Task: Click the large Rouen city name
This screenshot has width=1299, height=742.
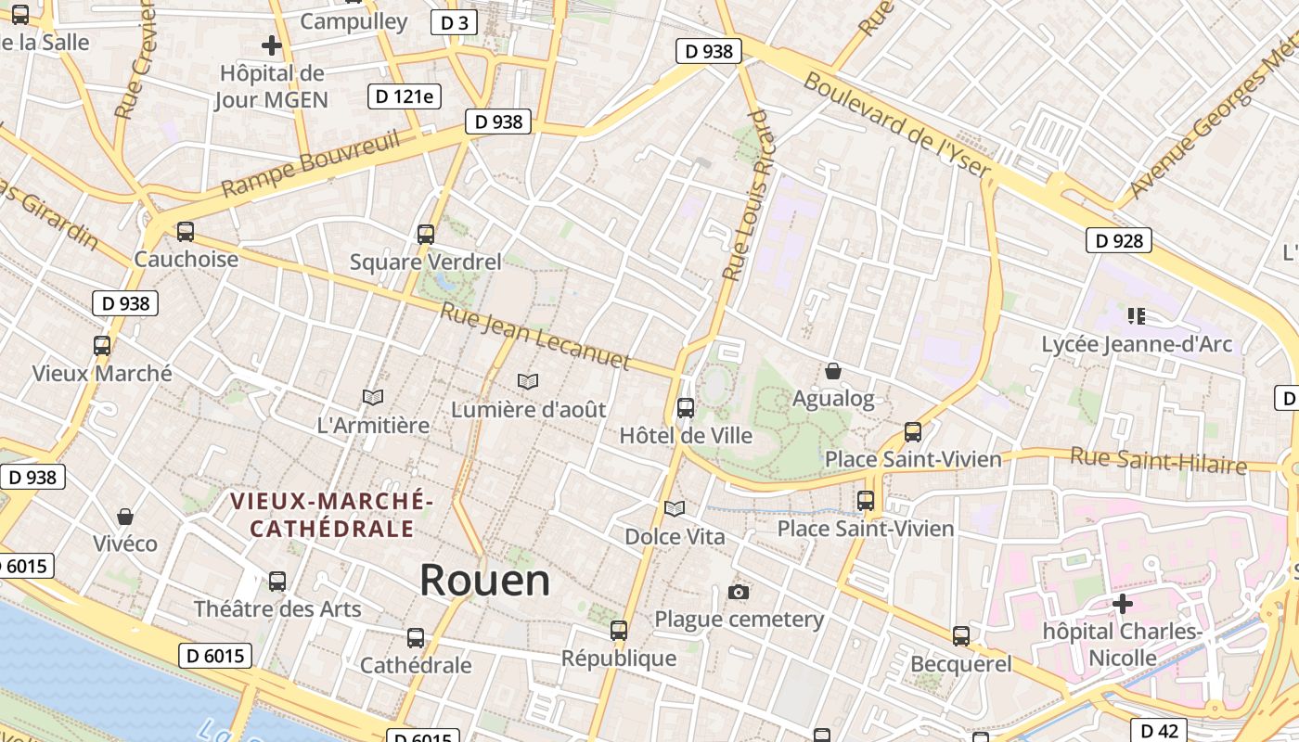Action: pyautogui.click(x=484, y=580)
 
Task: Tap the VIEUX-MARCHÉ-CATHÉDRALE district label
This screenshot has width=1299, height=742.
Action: pyautogui.click(x=332, y=515)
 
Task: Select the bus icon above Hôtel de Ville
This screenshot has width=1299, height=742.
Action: pyautogui.click(x=686, y=407)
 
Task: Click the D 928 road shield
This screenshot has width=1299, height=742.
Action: pyautogui.click(x=1118, y=241)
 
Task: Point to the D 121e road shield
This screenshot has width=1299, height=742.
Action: pyautogui.click(x=405, y=96)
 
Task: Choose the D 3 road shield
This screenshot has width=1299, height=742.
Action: pyautogui.click(x=455, y=22)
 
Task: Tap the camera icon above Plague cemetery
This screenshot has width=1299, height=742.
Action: pyautogui.click(x=739, y=592)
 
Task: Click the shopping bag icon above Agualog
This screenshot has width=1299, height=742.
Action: pyautogui.click(x=833, y=371)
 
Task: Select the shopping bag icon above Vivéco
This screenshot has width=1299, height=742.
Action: pyautogui.click(x=125, y=516)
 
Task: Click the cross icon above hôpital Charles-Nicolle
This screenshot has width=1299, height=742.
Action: pyautogui.click(x=1123, y=605)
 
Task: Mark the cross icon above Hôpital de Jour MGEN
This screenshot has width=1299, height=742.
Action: pyautogui.click(x=271, y=45)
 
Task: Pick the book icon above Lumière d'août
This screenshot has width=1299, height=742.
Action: pyautogui.click(x=528, y=381)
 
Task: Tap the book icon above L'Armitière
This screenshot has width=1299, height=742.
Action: pyautogui.click(x=373, y=397)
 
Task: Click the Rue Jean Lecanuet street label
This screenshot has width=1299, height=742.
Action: pyautogui.click(x=535, y=337)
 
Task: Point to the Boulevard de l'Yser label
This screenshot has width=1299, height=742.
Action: pyautogui.click(x=898, y=125)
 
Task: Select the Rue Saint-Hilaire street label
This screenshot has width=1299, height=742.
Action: pyautogui.click(x=1158, y=459)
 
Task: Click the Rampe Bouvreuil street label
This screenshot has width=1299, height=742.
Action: pyautogui.click(x=311, y=163)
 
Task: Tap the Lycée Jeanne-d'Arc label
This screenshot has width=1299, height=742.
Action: pyautogui.click(x=1137, y=344)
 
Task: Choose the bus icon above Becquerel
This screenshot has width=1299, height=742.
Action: pyautogui.click(x=961, y=636)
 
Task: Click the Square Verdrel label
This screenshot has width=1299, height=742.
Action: pyautogui.click(x=425, y=262)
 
